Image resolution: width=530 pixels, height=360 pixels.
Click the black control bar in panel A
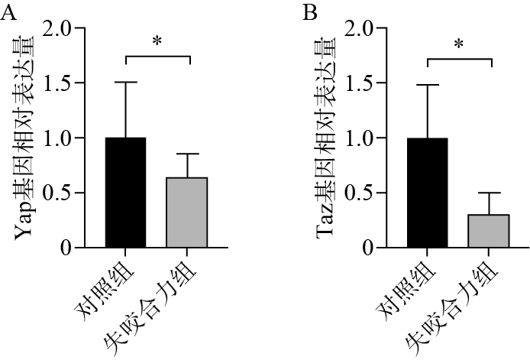pos(125,193)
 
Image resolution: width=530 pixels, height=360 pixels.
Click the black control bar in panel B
pos(428,193)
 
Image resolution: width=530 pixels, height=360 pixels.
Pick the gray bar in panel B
pos(490,231)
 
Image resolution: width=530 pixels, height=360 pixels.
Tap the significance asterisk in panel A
pos(157,41)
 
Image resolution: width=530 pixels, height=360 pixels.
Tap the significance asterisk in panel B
pos(459,44)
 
